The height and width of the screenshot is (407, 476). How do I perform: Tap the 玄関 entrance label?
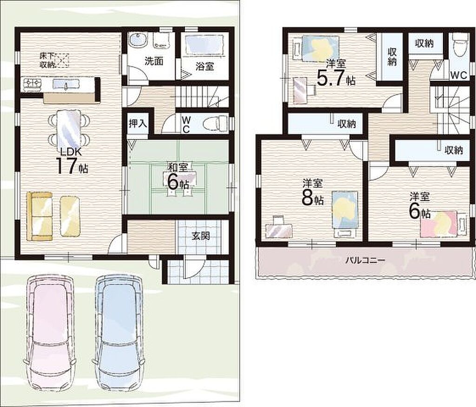pos(201,236)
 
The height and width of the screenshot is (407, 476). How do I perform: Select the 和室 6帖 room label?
pos(178,177)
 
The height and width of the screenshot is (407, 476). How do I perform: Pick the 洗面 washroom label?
pos(154,61)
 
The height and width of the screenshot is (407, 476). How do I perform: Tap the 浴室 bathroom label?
pos(205,66)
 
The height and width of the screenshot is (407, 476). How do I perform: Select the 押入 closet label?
pos(138,124)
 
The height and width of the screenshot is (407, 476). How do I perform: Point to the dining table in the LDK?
pos(69,128)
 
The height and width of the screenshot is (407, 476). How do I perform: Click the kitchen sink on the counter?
pos(66,84)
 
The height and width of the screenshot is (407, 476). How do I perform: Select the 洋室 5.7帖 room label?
pos(336,73)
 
